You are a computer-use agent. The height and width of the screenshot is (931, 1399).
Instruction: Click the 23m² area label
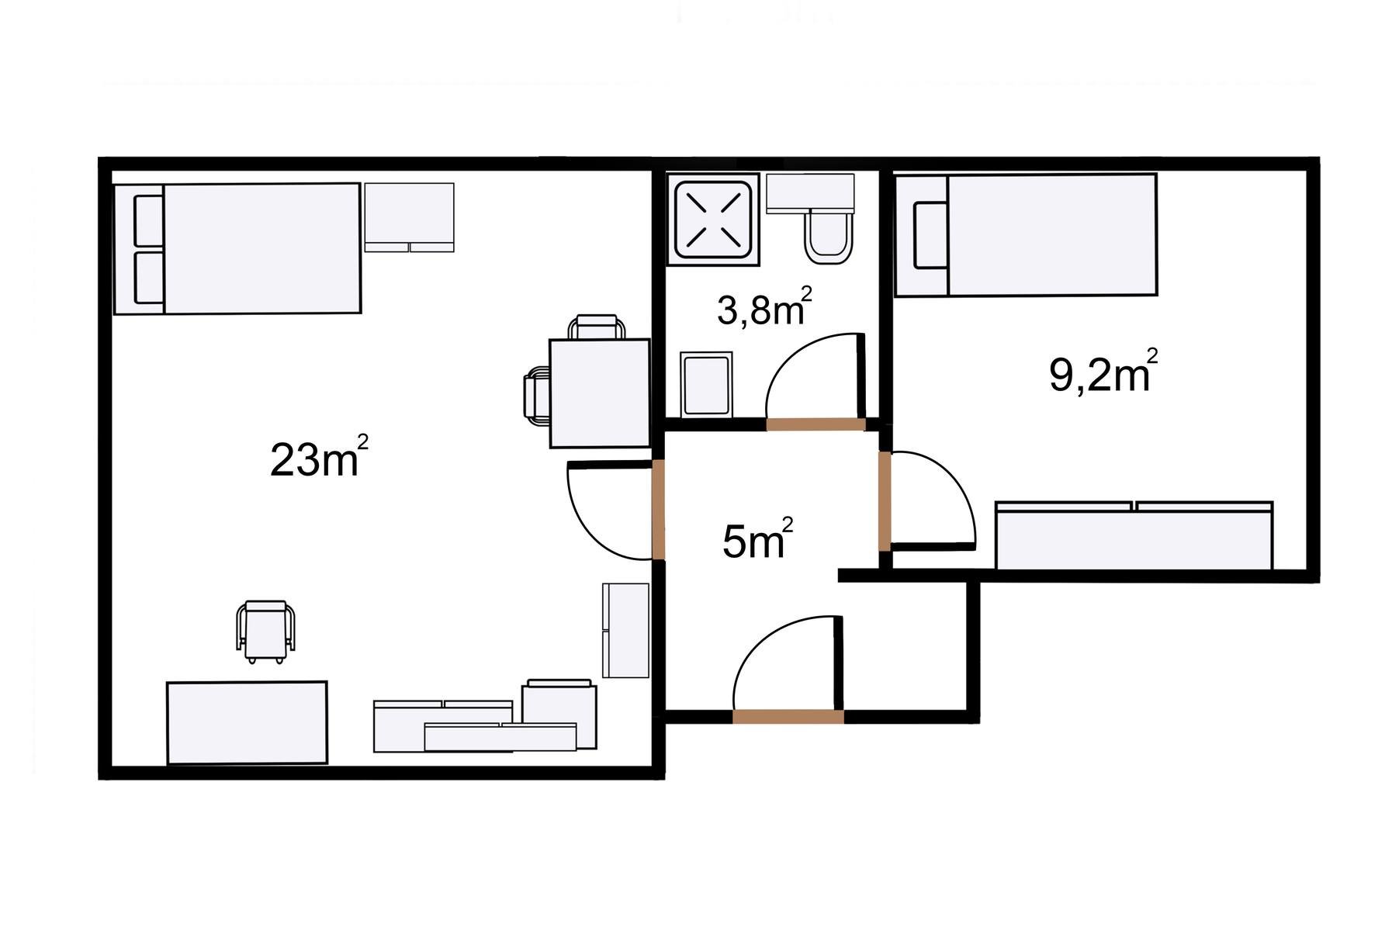pos(319,458)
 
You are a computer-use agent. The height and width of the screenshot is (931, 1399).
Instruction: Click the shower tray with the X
pos(715,219)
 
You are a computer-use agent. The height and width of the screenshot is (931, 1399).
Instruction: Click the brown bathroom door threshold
pos(816,424)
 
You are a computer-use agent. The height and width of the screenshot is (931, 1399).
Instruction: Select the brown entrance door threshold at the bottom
pos(788,717)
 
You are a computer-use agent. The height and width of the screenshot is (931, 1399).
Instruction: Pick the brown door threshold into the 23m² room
pos(658,509)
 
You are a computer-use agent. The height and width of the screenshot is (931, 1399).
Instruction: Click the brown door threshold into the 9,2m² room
pos(885,501)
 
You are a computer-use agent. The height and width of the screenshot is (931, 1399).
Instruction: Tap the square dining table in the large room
pos(600,393)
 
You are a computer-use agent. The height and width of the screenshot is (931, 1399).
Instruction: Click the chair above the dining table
pos(597,327)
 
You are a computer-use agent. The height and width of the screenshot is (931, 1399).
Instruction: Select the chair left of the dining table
pos(537,396)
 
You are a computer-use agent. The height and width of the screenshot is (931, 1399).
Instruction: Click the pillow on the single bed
pos(930,236)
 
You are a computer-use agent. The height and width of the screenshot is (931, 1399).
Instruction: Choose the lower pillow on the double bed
pos(149,277)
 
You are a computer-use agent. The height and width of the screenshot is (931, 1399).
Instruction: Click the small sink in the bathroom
pos(706,383)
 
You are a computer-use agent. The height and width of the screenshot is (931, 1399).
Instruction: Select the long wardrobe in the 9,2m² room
pos(1134,536)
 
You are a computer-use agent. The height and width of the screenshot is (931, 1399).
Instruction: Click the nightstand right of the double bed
pos(409,217)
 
